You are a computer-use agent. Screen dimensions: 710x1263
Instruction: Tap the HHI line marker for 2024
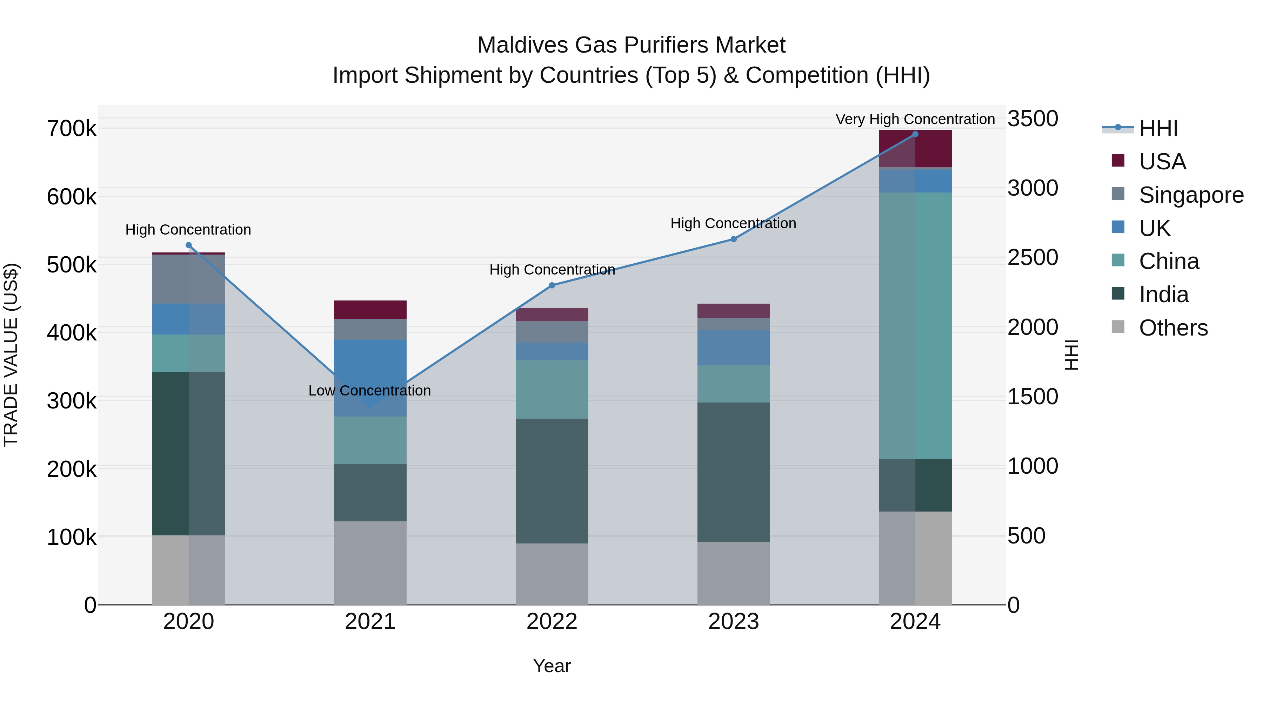point(915,134)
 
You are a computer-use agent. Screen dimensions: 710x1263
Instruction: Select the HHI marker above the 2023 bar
point(734,239)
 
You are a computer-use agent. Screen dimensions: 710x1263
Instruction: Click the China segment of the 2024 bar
point(915,325)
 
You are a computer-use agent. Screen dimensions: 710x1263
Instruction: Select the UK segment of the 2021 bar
point(370,378)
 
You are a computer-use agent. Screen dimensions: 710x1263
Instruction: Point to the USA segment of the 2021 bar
point(370,310)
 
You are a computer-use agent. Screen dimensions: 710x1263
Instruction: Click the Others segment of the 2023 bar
point(734,573)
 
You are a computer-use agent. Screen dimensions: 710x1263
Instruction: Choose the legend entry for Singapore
point(1190,195)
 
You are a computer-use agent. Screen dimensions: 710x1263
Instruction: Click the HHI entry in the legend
point(1157,128)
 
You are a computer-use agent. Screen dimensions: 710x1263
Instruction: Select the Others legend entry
point(1173,328)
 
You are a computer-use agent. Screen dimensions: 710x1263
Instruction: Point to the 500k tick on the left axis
point(72,265)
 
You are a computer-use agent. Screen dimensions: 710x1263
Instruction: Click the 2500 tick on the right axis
point(1033,258)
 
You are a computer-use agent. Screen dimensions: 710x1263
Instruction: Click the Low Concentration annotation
point(370,391)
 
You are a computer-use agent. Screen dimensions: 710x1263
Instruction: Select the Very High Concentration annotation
point(915,119)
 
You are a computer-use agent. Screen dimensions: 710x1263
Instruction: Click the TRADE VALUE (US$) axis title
point(11,355)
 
